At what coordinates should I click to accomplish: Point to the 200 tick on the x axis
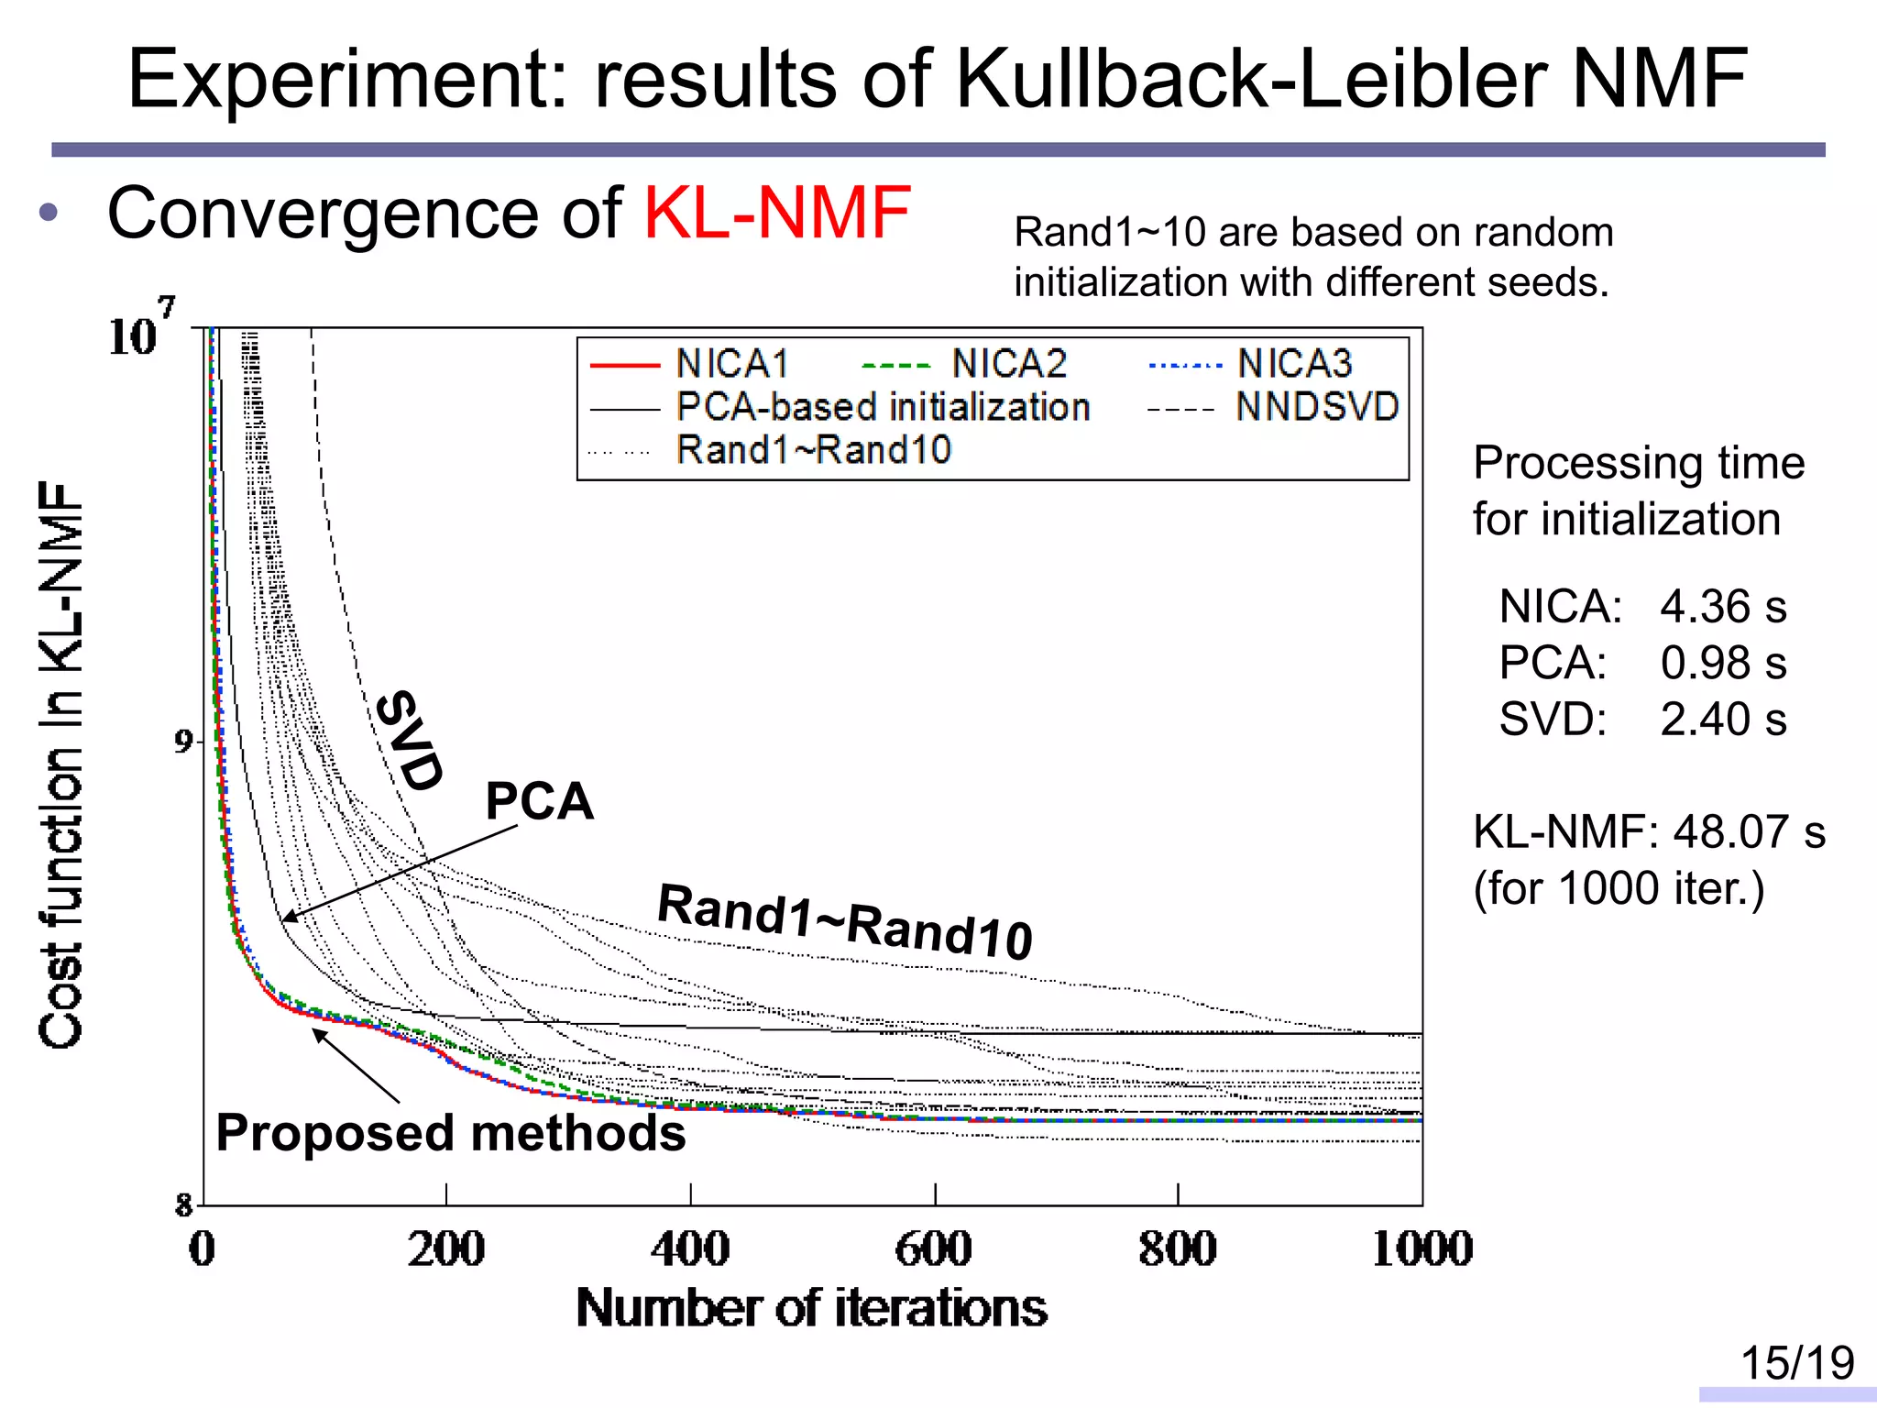[x=445, y=1248]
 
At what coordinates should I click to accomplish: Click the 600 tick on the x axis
[x=934, y=1248]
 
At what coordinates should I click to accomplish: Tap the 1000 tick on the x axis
[x=1421, y=1248]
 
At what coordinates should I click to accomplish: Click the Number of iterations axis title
[x=811, y=1308]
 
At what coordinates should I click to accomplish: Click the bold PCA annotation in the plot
[x=539, y=801]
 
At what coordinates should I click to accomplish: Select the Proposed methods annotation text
[x=450, y=1133]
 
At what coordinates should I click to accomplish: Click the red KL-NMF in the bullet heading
[x=777, y=214]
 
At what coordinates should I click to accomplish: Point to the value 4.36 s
[x=1722, y=607]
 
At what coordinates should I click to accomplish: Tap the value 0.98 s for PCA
[x=1722, y=663]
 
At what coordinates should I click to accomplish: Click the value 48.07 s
[x=1748, y=832]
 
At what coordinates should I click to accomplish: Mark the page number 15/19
[x=1796, y=1363]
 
